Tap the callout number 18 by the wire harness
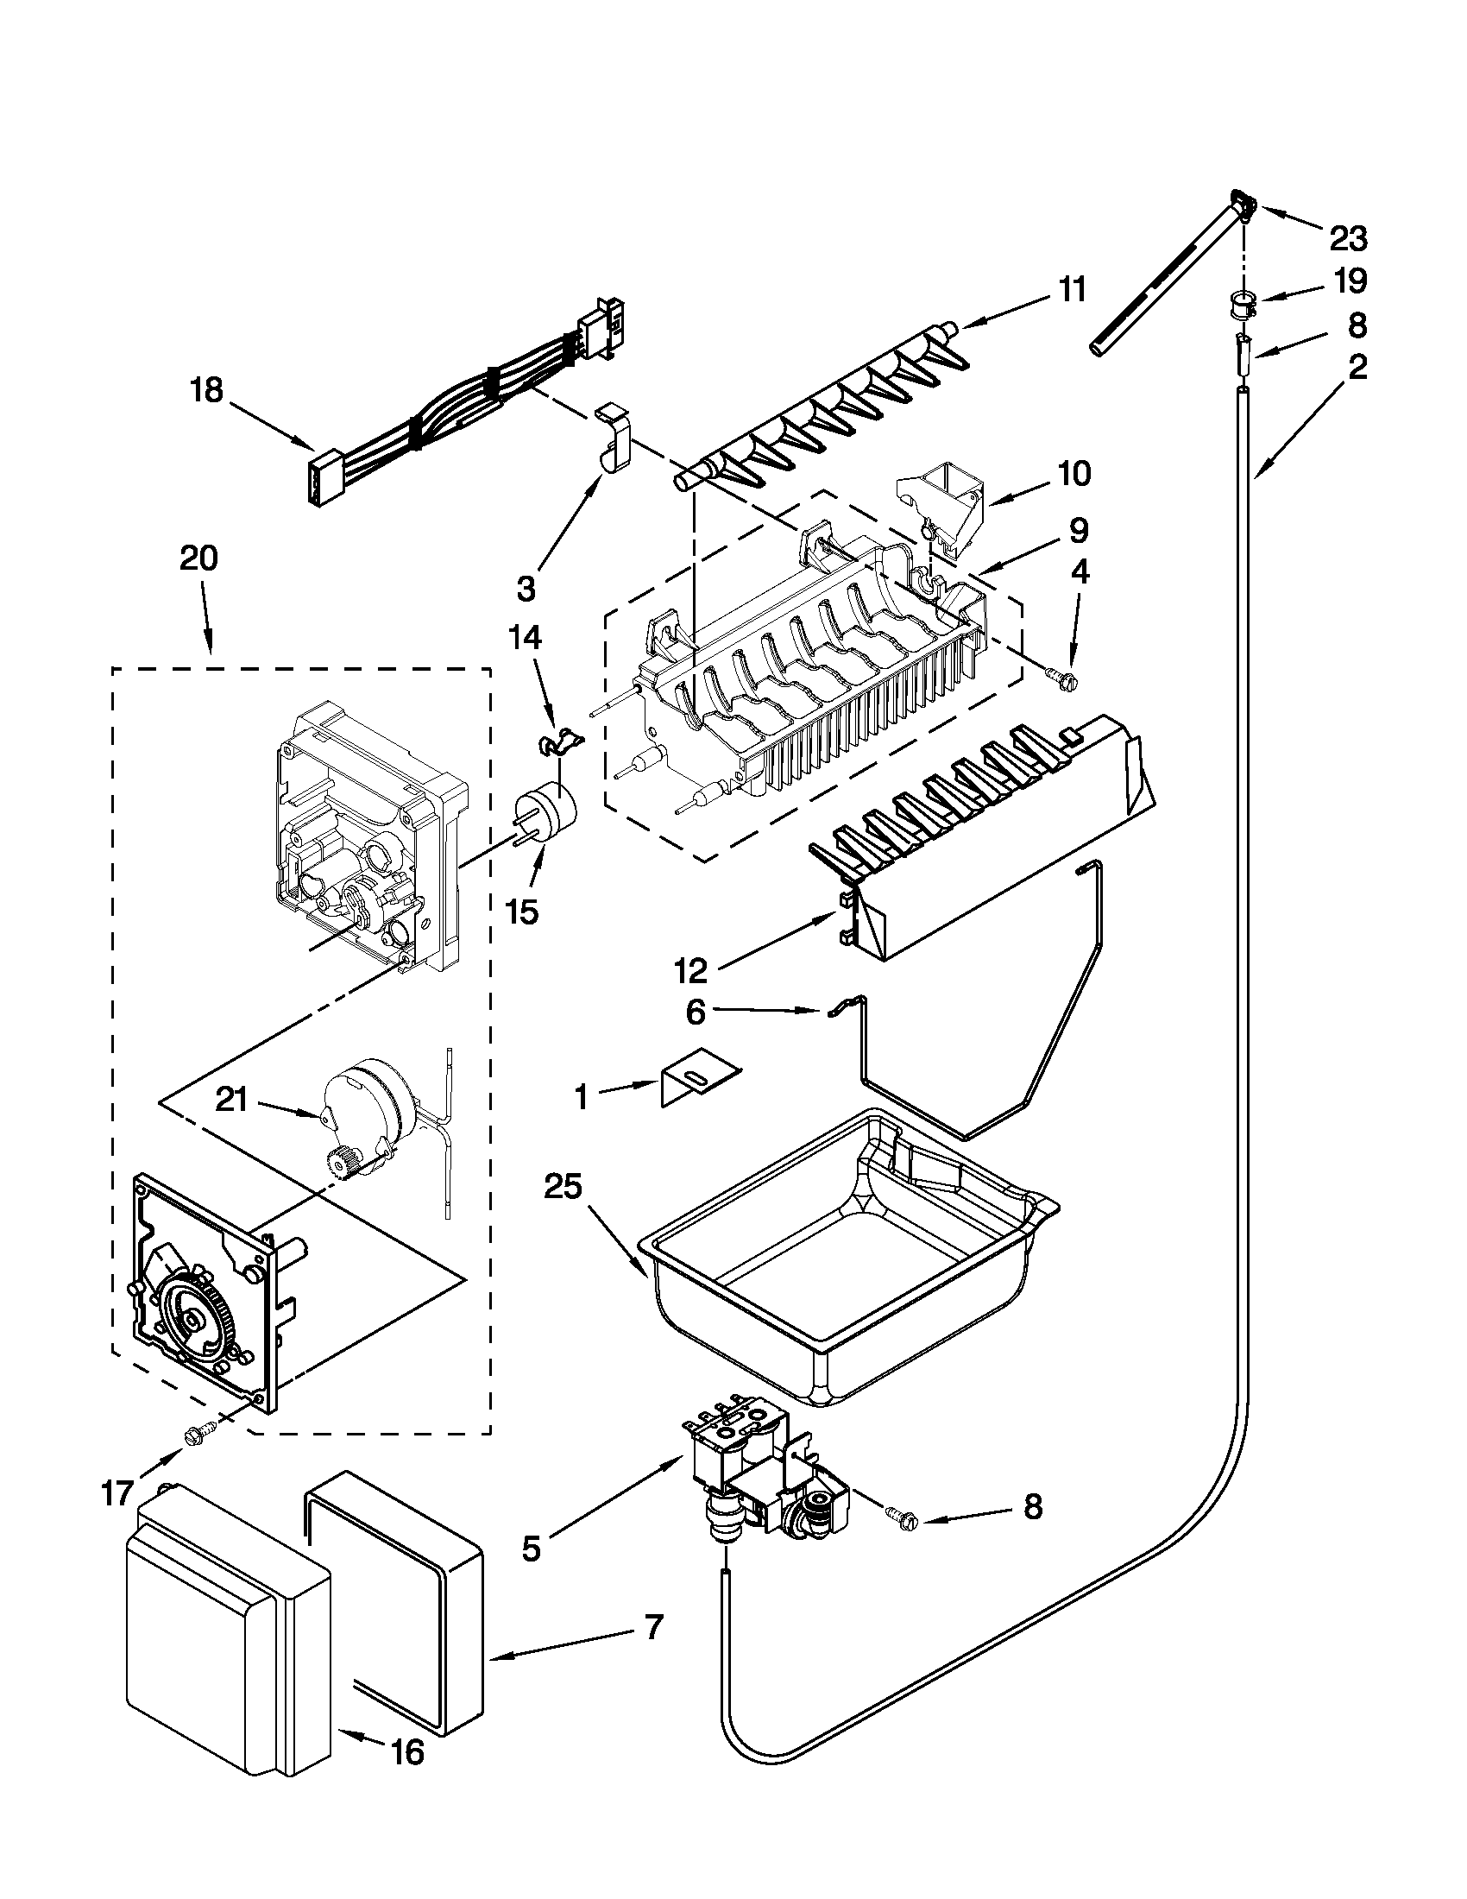(207, 390)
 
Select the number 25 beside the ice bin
(563, 1186)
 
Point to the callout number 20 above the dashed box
(198, 558)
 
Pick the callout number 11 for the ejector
(1072, 288)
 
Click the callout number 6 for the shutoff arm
(696, 1013)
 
